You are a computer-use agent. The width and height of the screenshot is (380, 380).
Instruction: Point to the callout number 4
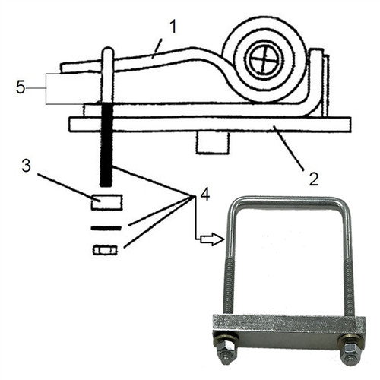(x=204, y=195)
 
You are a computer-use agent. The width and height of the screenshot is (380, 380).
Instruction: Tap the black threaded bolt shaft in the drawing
(x=106, y=144)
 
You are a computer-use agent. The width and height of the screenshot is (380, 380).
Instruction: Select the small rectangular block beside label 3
(x=106, y=202)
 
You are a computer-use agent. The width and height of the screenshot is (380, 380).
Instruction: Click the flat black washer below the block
(x=106, y=227)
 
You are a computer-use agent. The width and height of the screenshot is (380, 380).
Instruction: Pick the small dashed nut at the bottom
(x=105, y=249)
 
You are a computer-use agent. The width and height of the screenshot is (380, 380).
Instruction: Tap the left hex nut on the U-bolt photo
(x=226, y=353)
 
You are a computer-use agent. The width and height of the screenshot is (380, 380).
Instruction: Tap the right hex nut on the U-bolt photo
(x=350, y=353)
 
